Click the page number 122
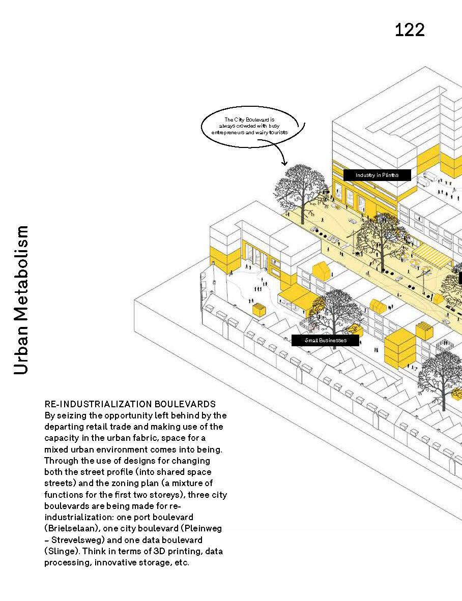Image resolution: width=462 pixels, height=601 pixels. tap(410, 30)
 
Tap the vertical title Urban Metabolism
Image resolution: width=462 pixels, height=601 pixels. tap(21, 300)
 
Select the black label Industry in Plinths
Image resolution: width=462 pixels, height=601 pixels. tap(377, 175)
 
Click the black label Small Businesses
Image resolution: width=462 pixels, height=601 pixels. tap(325, 340)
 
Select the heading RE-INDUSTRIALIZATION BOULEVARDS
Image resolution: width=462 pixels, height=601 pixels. tap(130, 405)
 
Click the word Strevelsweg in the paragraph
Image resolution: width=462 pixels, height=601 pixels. tap(78, 540)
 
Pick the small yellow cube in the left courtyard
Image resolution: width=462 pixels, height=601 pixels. tap(259, 309)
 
